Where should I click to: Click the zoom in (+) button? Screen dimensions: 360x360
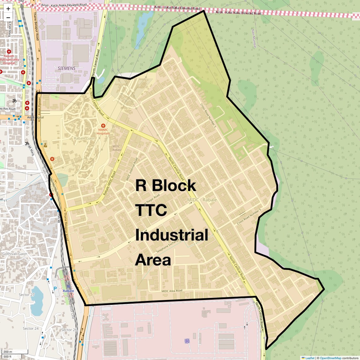click(x=8, y=9)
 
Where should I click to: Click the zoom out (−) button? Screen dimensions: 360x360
click(x=8, y=17)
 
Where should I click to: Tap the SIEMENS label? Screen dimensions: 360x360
click(x=67, y=68)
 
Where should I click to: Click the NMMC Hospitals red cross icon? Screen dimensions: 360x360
click(x=103, y=126)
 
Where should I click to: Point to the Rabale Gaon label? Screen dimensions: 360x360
click(x=85, y=138)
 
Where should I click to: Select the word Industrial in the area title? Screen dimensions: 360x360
click(x=171, y=236)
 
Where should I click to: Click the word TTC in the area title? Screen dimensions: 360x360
click(x=151, y=210)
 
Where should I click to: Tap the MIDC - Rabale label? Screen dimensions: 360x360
click(x=202, y=200)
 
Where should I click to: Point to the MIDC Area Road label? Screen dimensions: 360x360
click(x=172, y=291)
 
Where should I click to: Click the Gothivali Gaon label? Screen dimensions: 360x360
click(x=15, y=254)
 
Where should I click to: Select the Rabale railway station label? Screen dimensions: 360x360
click(x=69, y=291)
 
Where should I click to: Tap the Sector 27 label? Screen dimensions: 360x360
click(x=27, y=295)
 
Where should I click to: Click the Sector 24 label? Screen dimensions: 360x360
click(x=31, y=329)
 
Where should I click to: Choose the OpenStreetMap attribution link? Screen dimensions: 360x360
click(x=330, y=358)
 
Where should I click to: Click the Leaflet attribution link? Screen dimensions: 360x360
click(x=309, y=358)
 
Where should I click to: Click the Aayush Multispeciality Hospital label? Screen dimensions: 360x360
click(x=9, y=59)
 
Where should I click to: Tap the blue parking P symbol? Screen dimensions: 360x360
click(x=56, y=289)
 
